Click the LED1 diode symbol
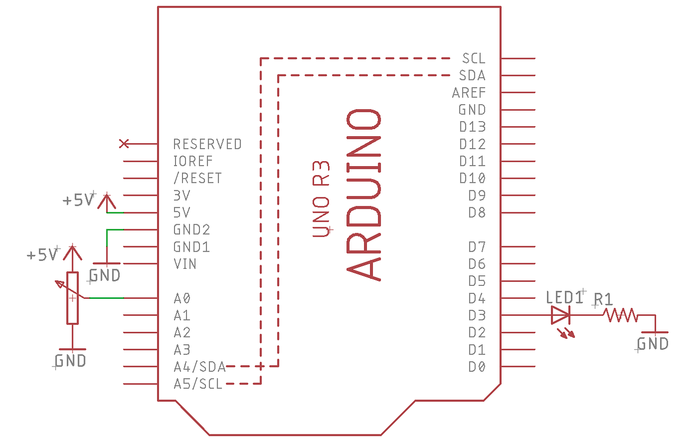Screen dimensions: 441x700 560,315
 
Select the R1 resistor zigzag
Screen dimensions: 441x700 620,315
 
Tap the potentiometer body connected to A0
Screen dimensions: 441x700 72,298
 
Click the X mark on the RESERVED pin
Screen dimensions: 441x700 124,144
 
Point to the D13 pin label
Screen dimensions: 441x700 472,127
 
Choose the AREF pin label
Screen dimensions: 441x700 468,93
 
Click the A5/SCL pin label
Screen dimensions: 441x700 198,384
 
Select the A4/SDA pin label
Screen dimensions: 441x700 199,367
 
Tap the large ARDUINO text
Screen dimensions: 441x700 364,194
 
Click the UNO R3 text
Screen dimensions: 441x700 321,199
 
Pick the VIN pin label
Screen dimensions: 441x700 184,264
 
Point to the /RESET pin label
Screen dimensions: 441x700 197,178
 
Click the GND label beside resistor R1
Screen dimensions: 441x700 653,344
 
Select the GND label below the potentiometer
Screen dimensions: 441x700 70,360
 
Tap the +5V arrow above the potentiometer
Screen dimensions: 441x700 73,252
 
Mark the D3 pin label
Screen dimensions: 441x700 476,315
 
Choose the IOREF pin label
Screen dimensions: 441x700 192,161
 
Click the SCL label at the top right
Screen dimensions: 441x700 473,59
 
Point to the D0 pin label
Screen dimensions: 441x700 476,367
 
